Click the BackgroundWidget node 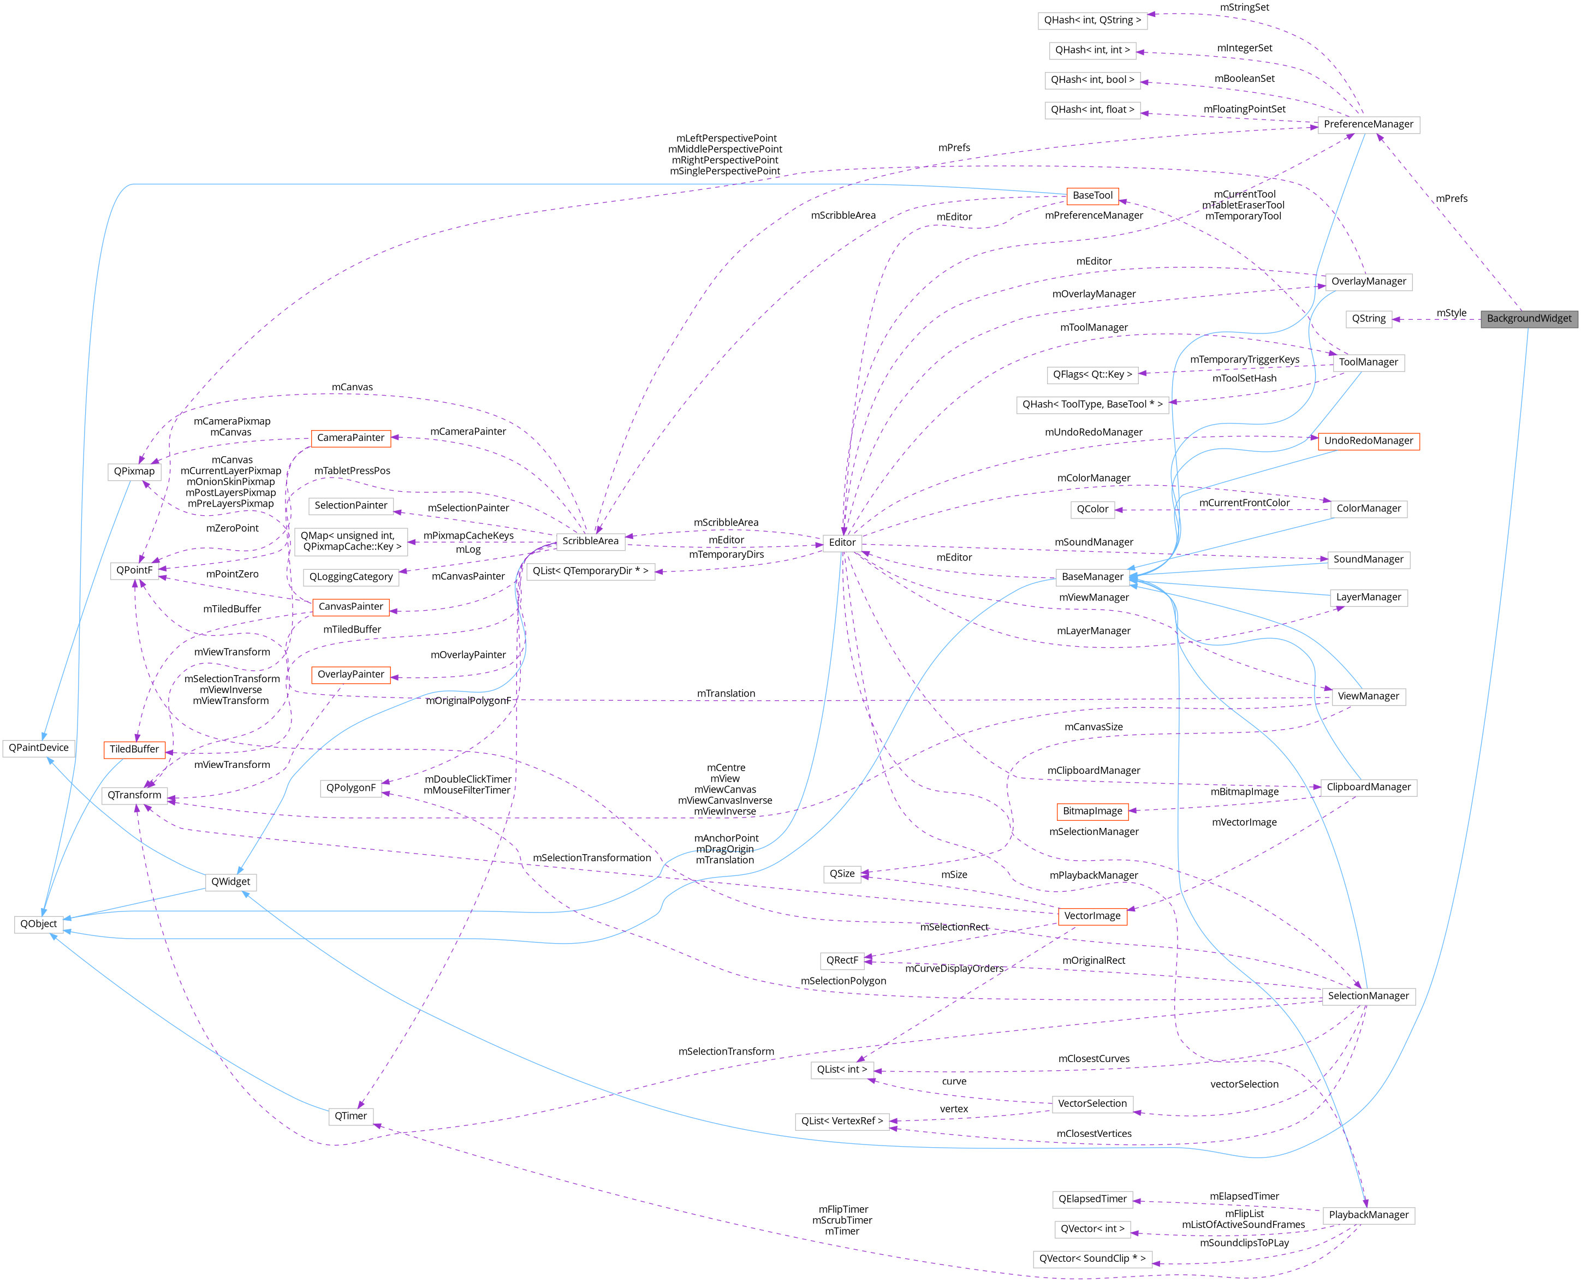[1529, 318]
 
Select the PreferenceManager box [1368, 124]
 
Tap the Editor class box [842, 542]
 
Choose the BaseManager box [1092, 577]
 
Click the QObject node [38, 924]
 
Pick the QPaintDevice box [38, 747]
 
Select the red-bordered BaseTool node [1092, 196]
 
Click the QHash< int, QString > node [1092, 20]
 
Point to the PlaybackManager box [1368, 1215]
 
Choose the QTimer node [350, 1116]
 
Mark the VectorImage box [1092, 916]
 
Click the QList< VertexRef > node [841, 1121]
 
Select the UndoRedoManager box [1368, 441]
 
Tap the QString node [1368, 318]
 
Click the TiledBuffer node [134, 749]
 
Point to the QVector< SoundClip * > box [1092, 1259]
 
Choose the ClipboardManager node [1368, 787]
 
